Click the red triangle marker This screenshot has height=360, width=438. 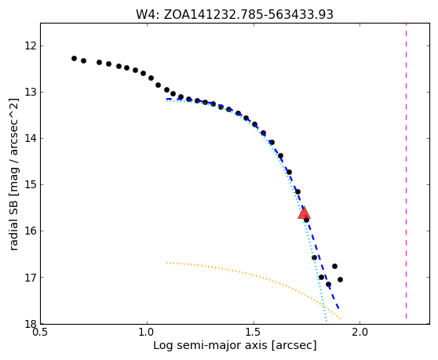coord(304,213)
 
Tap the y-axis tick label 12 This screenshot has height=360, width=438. coord(31,45)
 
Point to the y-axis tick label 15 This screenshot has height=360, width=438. coord(31,184)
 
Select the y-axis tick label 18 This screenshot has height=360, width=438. coord(31,324)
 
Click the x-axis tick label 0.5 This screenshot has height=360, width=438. coord(41,332)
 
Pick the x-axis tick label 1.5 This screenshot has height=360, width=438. coord(254,332)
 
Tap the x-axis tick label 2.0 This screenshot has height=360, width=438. coord(360,332)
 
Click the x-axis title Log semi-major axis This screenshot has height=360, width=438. coord(210,345)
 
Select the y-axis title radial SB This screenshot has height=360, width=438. coord(13,220)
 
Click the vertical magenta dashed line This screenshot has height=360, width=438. coord(406,171)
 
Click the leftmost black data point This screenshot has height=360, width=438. coord(74,58)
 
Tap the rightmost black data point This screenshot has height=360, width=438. coord(340,279)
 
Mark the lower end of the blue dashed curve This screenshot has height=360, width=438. coord(338,308)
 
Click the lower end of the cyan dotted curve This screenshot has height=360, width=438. coord(326,321)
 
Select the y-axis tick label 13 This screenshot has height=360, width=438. coord(31,92)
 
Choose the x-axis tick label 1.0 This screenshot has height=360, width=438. coord(147,332)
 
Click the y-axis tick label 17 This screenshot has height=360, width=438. coord(31,277)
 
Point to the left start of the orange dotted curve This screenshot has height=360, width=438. coord(166,263)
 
